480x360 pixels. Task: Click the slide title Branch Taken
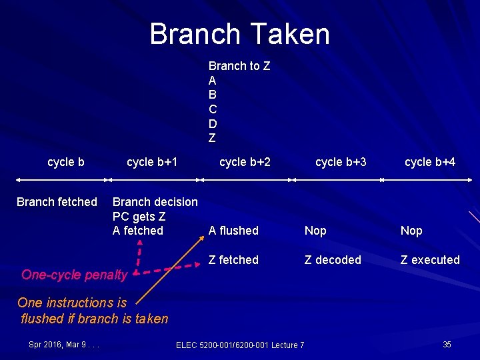(239, 34)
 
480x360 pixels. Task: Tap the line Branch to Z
(239, 66)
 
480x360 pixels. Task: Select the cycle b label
(66, 162)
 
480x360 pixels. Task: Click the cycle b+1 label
(152, 162)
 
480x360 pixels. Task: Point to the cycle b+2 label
(245, 162)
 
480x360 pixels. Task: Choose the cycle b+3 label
(341, 162)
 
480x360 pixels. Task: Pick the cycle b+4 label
(430, 162)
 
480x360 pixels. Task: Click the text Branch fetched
(57, 202)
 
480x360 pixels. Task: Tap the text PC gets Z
(139, 216)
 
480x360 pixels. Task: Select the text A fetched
(138, 231)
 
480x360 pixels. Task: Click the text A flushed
(233, 231)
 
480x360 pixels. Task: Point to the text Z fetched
(233, 259)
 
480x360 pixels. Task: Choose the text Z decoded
(333, 259)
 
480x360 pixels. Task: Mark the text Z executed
(430, 259)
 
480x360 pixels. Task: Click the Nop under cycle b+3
(315, 231)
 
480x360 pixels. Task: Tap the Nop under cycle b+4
(411, 231)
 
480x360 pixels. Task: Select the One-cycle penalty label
(73, 275)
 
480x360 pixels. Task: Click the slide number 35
(447, 344)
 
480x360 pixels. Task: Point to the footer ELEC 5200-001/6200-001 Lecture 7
(240, 345)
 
